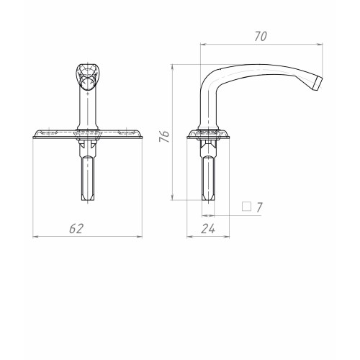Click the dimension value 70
261,37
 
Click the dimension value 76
165,137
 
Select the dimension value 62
76,228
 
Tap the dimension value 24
208,228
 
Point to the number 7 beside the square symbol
259,207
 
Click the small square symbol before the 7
246,207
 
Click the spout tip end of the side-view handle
319,84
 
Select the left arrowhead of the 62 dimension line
35,237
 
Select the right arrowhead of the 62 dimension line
139,237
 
